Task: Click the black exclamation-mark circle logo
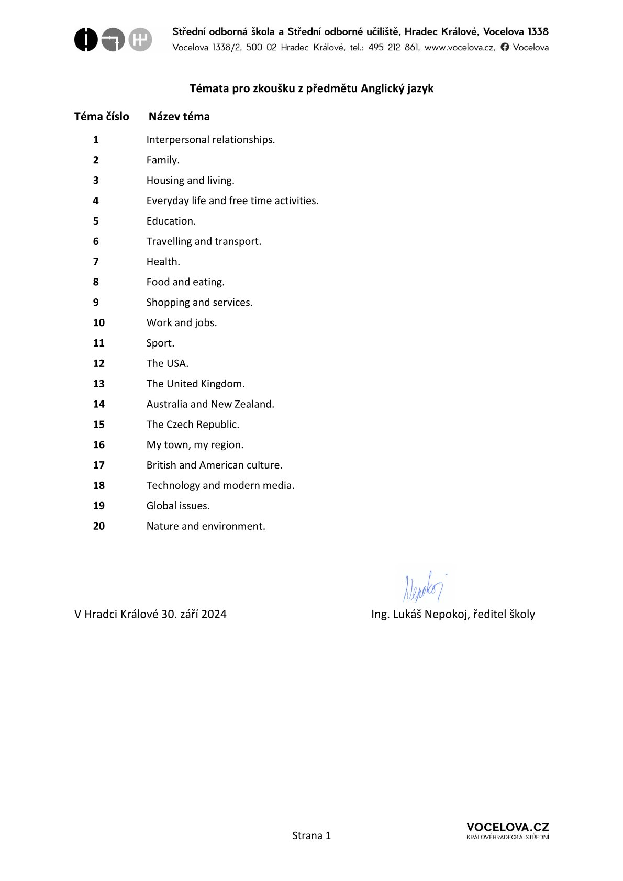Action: pyautogui.click(x=86, y=40)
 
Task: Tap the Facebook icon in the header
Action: pyautogui.click(x=505, y=47)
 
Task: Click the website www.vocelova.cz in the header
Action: pyautogui.click(x=459, y=48)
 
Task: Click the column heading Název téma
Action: pyautogui.click(x=179, y=117)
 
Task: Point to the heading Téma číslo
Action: pyautogui.click(x=102, y=117)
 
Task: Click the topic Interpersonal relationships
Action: pyautogui.click(x=210, y=140)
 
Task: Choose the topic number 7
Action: pyautogui.click(x=96, y=262)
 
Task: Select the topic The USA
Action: pyautogui.click(x=167, y=363)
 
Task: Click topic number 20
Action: pyautogui.click(x=99, y=526)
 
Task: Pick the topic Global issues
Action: pyautogui.click(x=178, y=506)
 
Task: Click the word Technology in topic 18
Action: pyautogui.click(x=173, y=486)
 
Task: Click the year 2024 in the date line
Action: pyautogui.click(x=214, y=614)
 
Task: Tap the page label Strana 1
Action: pyautogui.click(x=311, y=835)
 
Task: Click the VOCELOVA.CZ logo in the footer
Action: pyautogui.click(x=507, y=830)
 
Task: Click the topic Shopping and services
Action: pyautogui.click(x=199, y=303)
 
